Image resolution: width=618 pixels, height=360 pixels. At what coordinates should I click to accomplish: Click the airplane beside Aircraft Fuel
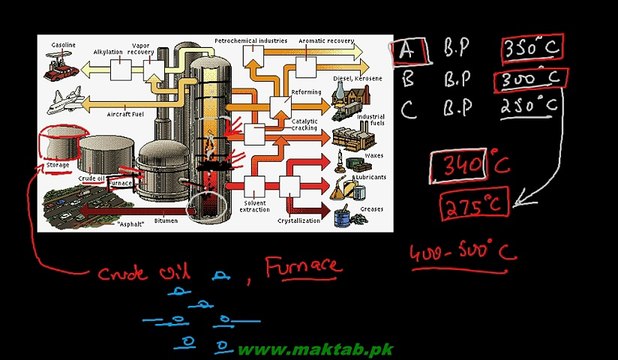point(66,101)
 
